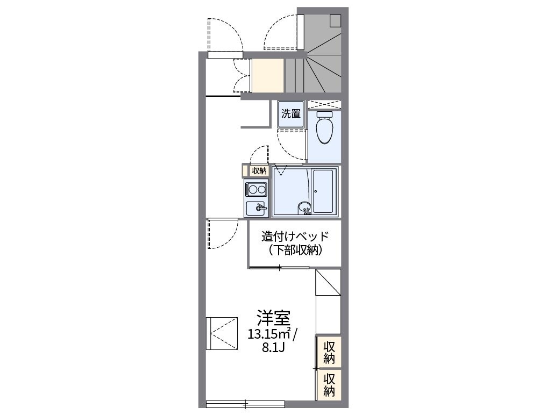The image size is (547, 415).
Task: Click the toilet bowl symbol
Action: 324,130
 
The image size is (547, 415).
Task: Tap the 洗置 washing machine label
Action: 291,114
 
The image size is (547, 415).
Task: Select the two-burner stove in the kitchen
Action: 256,190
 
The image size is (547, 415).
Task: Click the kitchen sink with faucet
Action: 257,207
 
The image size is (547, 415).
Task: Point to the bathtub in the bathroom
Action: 324,192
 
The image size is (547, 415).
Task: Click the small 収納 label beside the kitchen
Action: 259,171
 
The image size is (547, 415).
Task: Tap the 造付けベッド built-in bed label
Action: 294,237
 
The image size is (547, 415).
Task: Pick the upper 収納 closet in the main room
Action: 329,352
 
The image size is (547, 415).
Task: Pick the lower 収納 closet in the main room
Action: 329,384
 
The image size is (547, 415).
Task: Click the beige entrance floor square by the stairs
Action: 268,76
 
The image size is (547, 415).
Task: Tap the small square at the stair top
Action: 335,20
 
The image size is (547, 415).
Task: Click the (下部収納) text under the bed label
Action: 294,250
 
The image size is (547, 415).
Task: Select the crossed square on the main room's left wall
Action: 222,333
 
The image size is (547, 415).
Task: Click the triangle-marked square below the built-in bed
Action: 328,282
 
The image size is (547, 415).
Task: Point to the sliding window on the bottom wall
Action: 245,403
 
